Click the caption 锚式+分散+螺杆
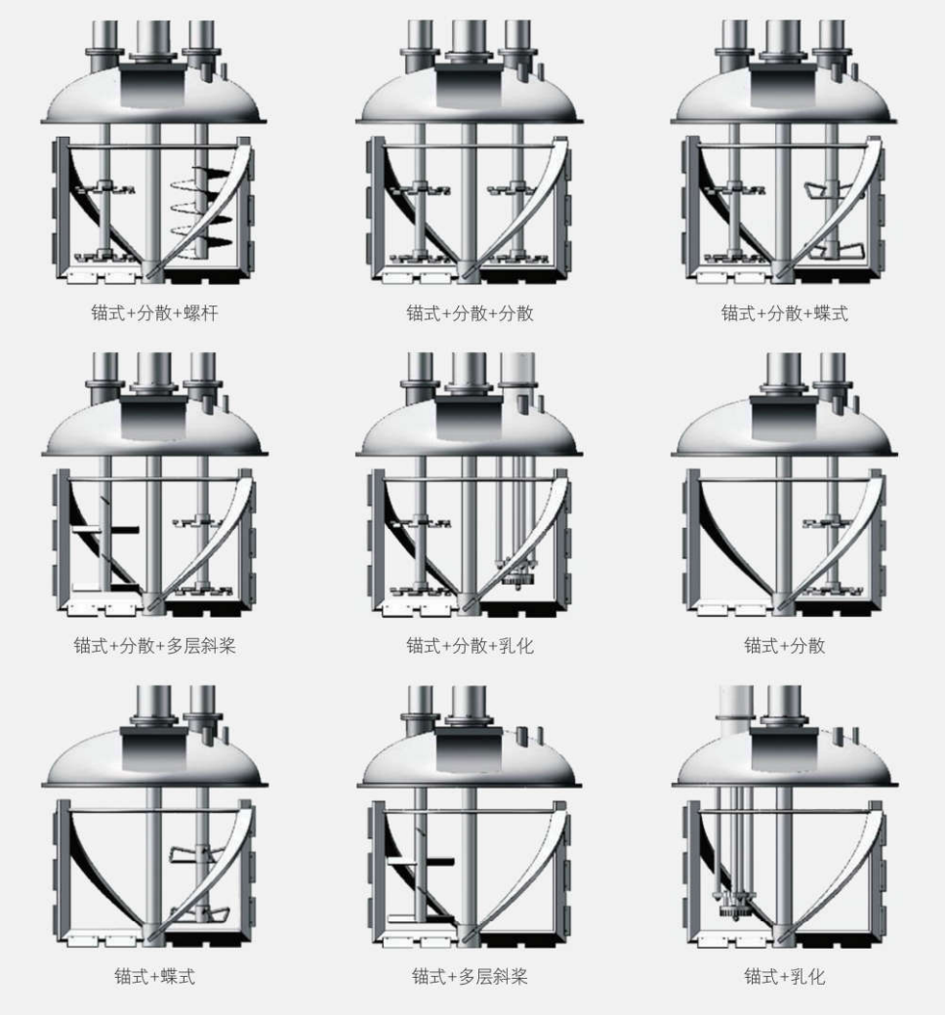click(x=154, y=314)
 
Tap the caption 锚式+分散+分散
click(x=470, y=314)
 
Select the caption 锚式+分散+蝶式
click(x=784, y=314)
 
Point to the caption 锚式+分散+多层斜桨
click(x=154, y=646)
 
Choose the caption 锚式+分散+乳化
click(x=470, y=646)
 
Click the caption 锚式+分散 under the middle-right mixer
click(x=784, y=646)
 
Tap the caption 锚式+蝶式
click(x=154, y=976)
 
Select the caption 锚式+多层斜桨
click(x=470, y=976)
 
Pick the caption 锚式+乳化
click(x=784, y=976)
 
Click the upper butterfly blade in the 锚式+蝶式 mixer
click(x=191, y=855)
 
